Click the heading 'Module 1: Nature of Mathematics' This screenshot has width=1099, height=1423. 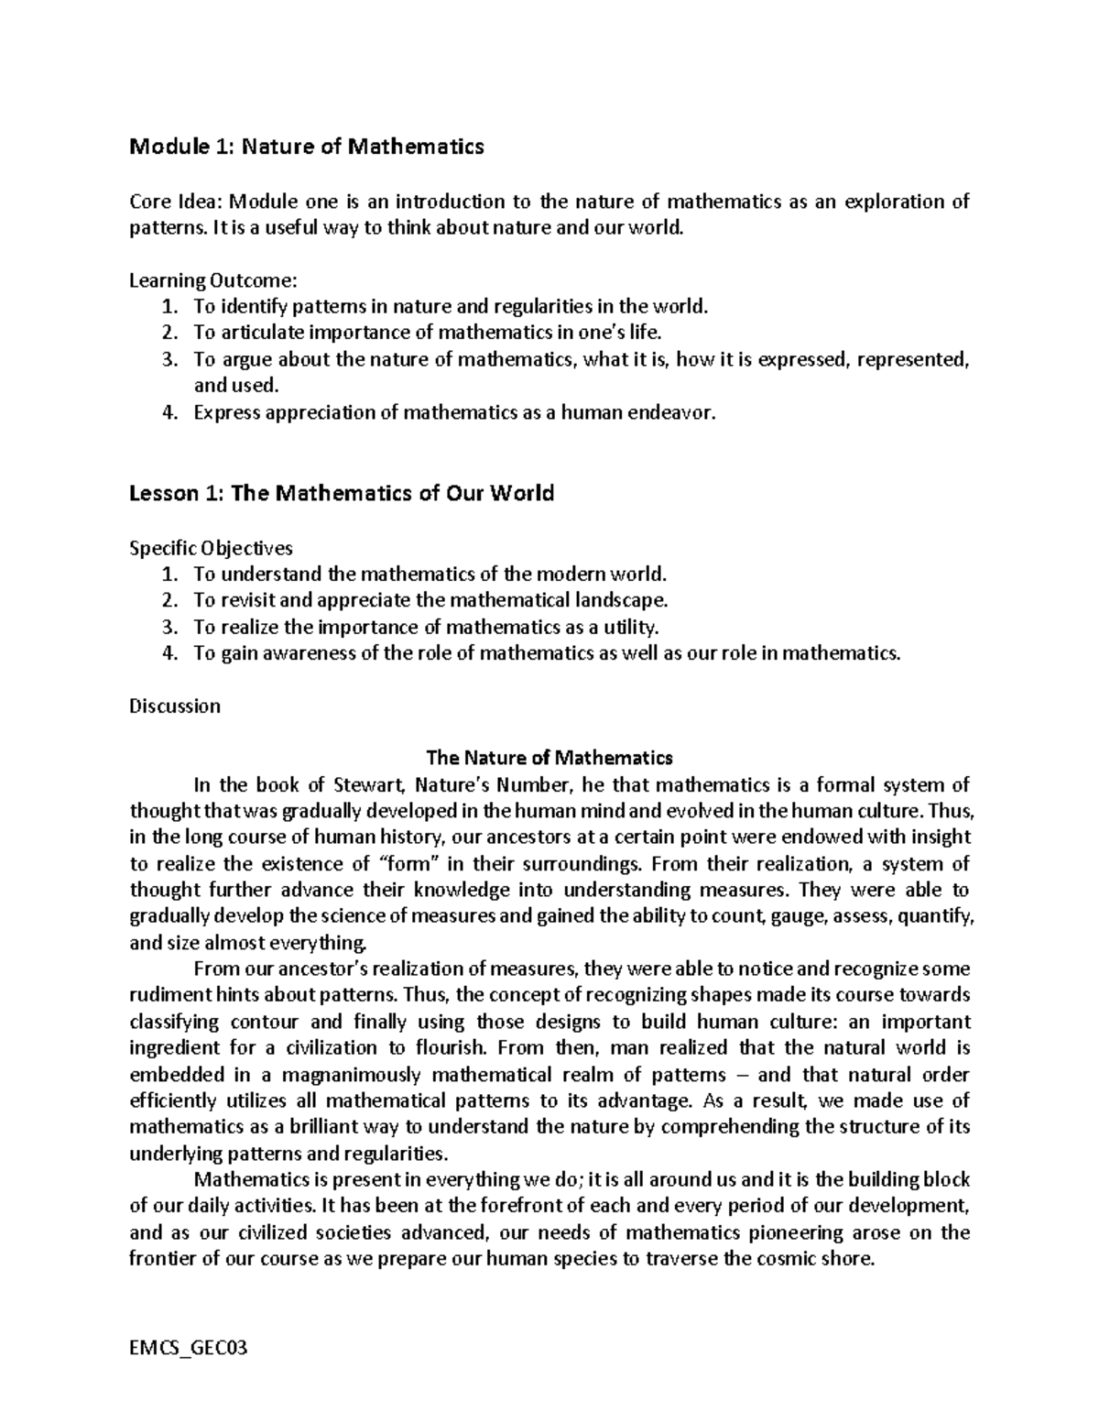click(307, 147)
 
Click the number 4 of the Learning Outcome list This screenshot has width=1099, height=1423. click(167, 412)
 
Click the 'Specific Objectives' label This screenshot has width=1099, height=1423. click(211, 549)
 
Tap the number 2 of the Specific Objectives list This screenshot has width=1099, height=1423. click(167, 601)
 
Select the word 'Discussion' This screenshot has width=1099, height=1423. click(175, 706)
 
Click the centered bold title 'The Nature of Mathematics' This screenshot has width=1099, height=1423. click(549, 759)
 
